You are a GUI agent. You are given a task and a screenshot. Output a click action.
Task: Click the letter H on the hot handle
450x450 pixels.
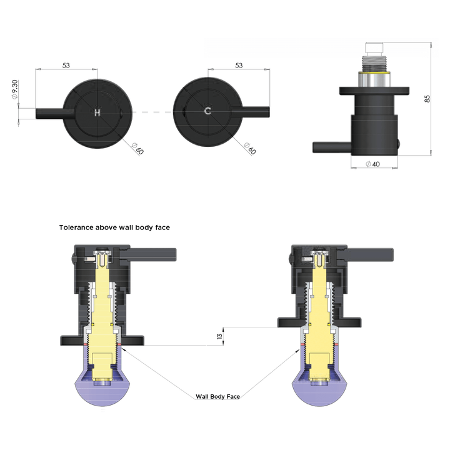(x=97, y=112)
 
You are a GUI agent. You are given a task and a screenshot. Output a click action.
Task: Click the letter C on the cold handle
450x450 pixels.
(x=207, y=112)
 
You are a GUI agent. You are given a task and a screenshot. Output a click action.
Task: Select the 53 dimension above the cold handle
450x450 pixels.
(x=239, y=65)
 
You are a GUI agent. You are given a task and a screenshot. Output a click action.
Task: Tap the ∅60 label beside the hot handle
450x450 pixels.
(x=139, y=149)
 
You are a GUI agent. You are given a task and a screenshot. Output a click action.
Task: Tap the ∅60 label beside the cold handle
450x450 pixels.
(x=250, y=149)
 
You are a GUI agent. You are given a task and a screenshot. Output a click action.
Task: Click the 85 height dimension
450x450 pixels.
(x=427, y=99)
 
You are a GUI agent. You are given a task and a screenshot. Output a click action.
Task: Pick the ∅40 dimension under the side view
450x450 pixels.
(x=372, y=164)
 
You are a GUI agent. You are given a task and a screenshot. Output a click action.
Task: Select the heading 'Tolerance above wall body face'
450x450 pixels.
(x=114, y=228)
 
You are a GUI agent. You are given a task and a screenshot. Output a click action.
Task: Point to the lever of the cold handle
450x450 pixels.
(x=255, y=112)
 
